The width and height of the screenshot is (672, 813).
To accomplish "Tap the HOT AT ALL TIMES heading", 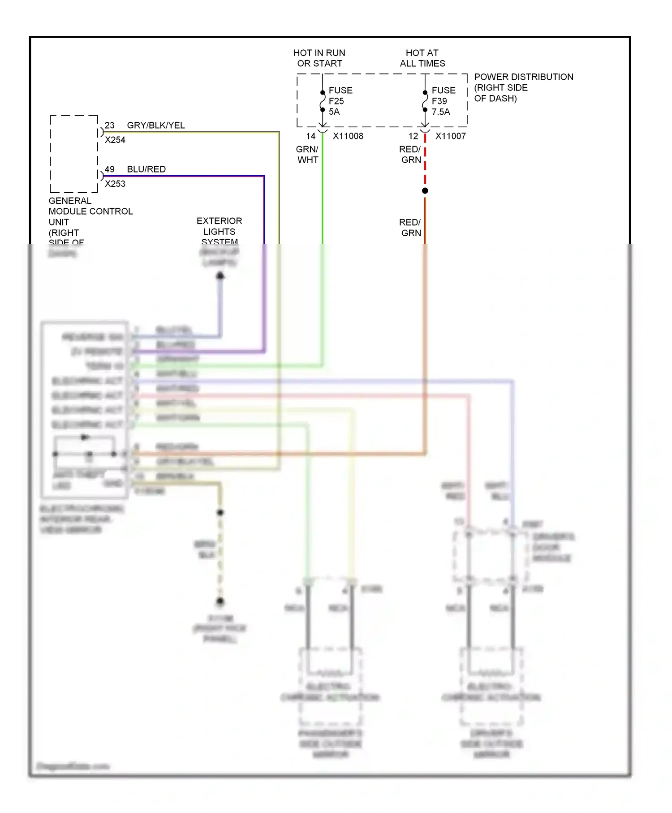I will click(x=422, y=58).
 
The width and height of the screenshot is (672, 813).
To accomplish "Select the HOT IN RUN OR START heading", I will click(x=319, y=58).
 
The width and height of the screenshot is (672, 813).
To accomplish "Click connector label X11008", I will click(x=348, y=136).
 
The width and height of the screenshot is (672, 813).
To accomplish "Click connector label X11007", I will click(x=450, y=136).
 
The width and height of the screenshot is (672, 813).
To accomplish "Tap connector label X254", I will click(x=115, y=140).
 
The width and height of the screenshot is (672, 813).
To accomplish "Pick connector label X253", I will click(x=115, y=184).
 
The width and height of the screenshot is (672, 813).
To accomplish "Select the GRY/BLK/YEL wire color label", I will click(x=156, y=125).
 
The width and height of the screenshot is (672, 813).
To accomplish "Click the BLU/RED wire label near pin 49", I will click(x=146, y=169).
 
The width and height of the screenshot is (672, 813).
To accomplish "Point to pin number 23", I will click(x=110, y=125).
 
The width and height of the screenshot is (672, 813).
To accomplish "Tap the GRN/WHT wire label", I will click(x=307, y=155).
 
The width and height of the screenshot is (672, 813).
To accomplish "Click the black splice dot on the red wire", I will click(x=425, y=191).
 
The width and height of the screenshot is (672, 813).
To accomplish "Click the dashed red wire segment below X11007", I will click(x=425, y=161).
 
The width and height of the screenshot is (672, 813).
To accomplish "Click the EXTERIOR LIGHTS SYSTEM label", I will click(x=219, y=231).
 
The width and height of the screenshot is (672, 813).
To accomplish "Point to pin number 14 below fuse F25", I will click(x=311, y=136).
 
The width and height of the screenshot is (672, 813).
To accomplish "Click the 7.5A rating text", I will click(x=441, y=112).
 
